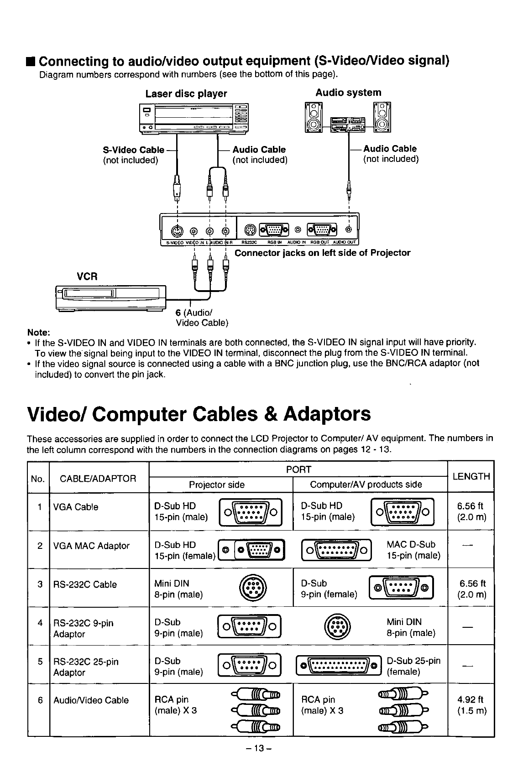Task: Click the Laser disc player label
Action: click(x=186, y=94)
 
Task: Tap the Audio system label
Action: click(x=348, y=93)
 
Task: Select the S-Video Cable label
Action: click(x=134, y=150)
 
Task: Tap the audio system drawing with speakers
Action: click(x=348, y=117)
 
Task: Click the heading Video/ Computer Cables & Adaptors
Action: click(x=199, y=414)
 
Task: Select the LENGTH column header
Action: click(x=471, y=476)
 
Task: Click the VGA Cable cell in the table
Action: click(x=76, y=507)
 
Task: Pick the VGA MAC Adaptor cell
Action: click(x=91, y=546)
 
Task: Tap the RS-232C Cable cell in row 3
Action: click(x=85, y=584)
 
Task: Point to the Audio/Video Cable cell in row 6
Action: click(x=91, y=700)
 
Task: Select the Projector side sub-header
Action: click(x=217, y=484)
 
